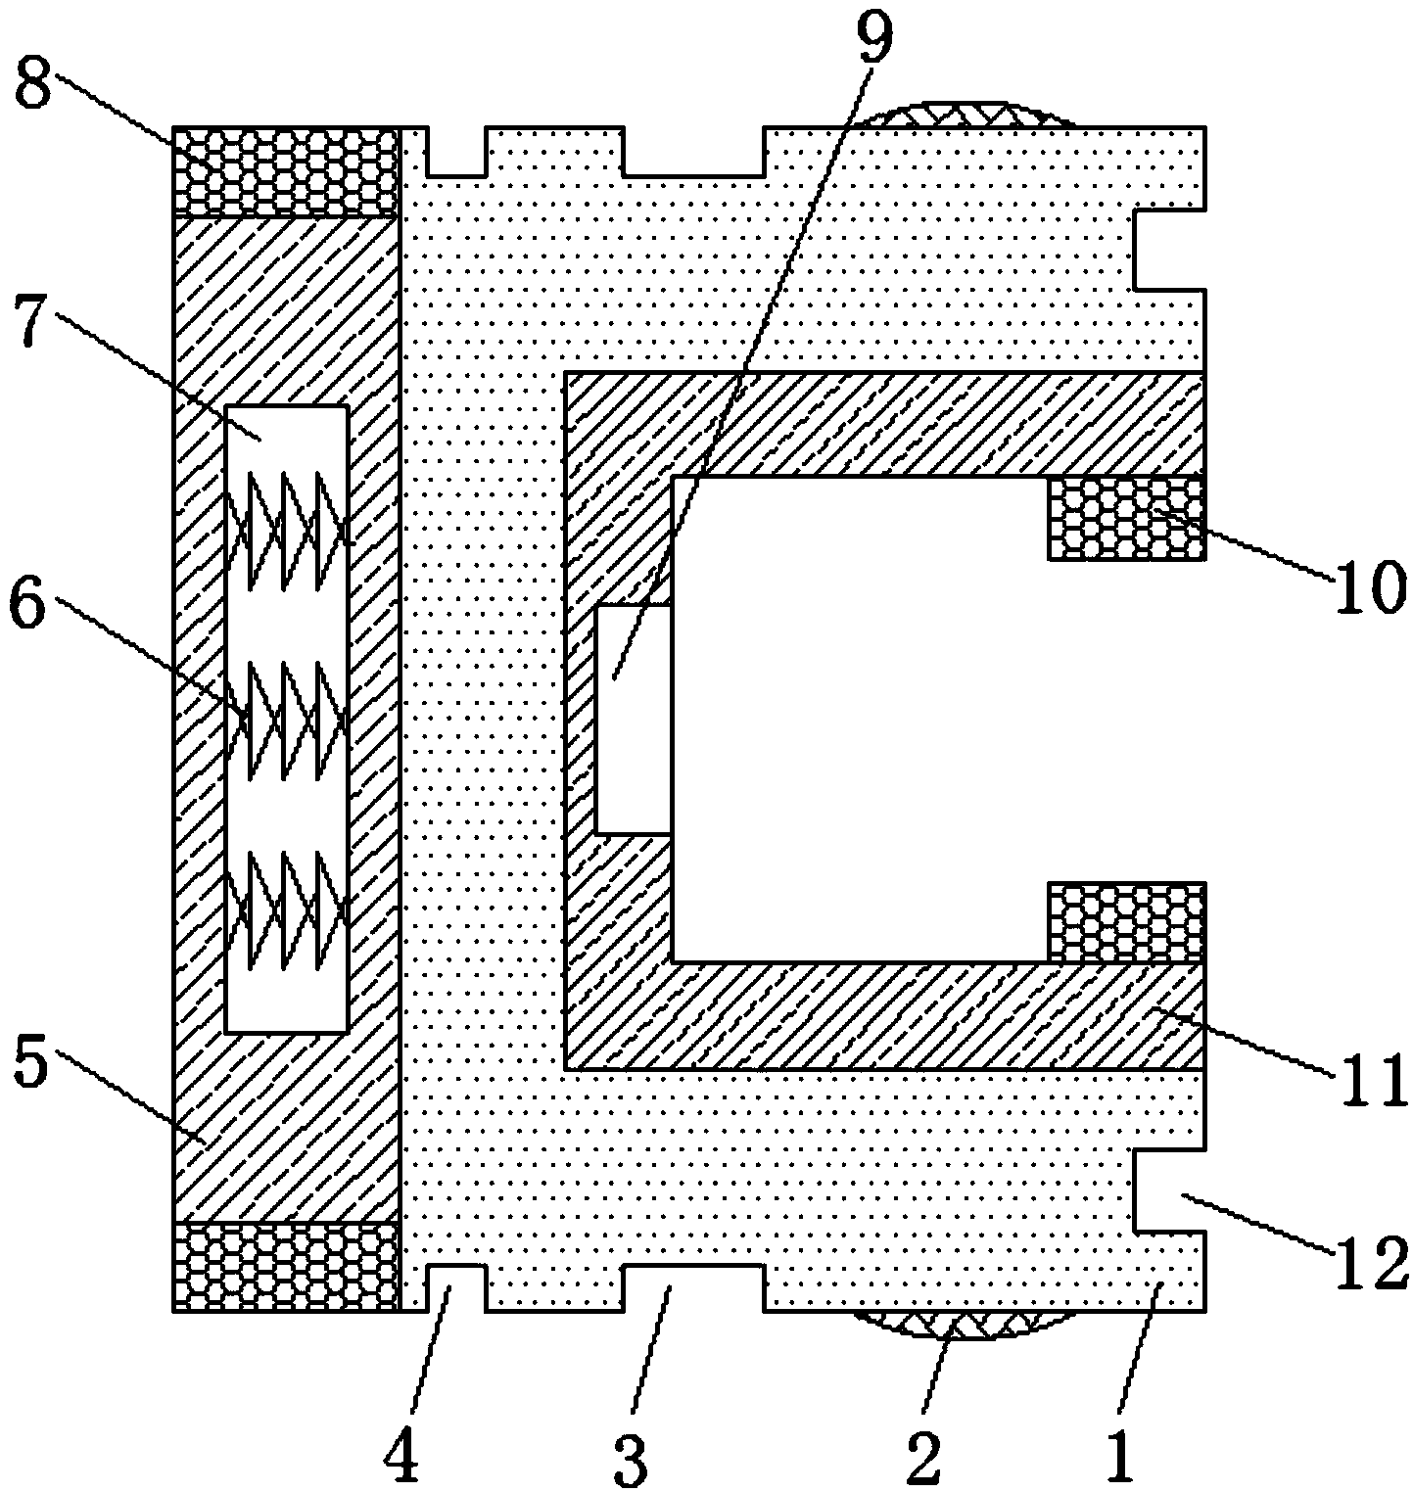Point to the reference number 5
(29, 1065)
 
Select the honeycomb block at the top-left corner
(286, 170)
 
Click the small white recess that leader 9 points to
(634, 719)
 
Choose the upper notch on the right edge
(1169, 249)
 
